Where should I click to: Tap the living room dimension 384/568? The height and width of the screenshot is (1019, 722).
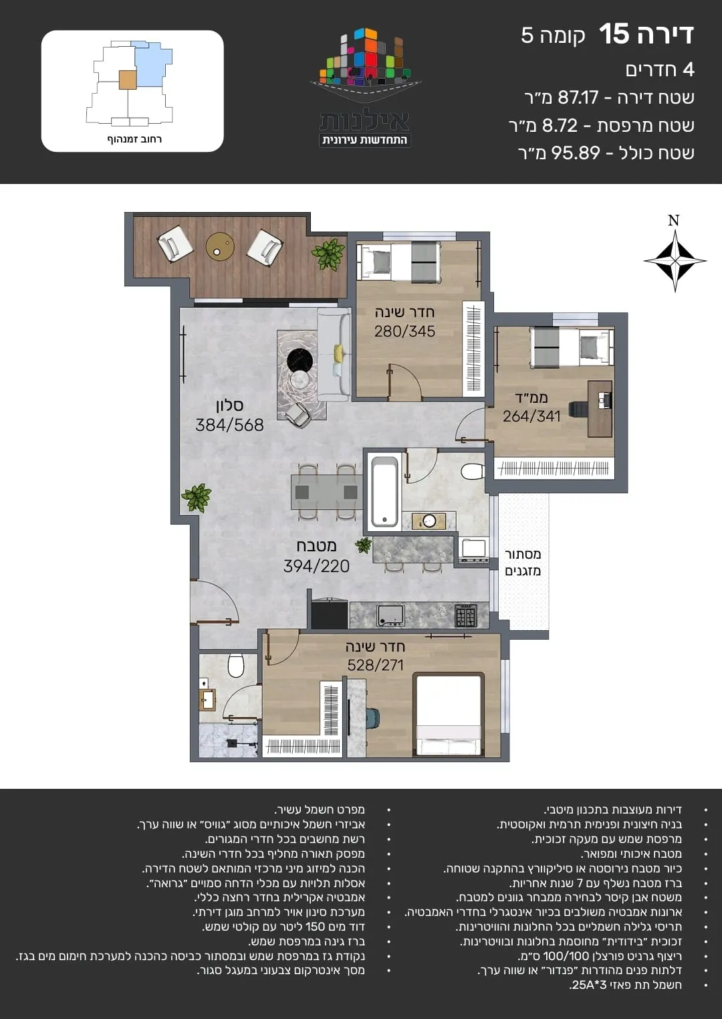(229, 425)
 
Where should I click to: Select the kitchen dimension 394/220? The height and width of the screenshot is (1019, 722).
(316, 566)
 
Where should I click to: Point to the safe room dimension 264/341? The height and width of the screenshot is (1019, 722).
(531, 415)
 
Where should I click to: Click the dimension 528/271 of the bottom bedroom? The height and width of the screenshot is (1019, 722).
(375, 665)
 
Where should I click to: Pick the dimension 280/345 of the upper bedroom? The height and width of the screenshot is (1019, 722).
(404, 331)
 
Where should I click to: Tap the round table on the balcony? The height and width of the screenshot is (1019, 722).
(220, 247)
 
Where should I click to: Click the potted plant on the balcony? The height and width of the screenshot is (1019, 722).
(328, 255)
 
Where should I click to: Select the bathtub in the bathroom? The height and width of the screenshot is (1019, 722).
(384, 492)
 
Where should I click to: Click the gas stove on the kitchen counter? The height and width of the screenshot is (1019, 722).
(466, 616)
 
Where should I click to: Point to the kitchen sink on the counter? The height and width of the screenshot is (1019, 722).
(390, 616)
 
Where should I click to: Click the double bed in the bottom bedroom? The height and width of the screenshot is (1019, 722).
(449, 715)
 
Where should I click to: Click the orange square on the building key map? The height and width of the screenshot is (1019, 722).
(127, 80)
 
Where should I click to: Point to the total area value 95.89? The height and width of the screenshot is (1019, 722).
(576, 153)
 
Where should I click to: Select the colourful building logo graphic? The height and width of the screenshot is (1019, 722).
(365, 62)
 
